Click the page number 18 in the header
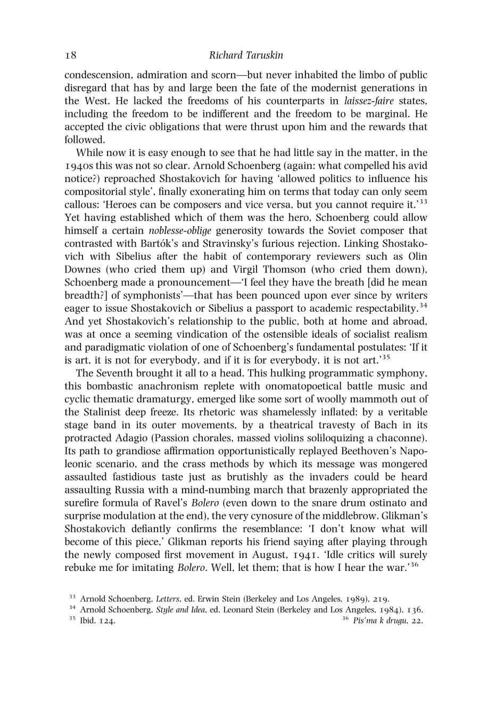71,55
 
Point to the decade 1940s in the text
77,166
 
